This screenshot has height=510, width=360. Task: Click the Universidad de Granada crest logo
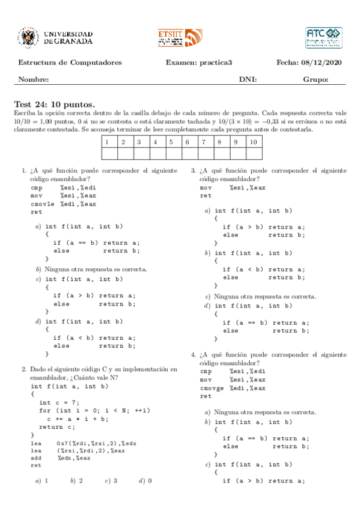[x=29, y=38]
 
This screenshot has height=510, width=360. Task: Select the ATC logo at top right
[x=323, y=37]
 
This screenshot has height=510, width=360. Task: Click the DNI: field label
[x=248, y=80]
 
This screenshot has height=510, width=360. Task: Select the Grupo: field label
[x=316, y=80]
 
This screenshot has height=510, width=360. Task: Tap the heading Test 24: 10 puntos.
[x=54, y=104]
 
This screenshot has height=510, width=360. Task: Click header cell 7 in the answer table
[x=204, y=142]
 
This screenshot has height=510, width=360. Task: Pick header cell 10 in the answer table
[x=253, y=142]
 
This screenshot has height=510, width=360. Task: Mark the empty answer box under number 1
[x=106, y=153]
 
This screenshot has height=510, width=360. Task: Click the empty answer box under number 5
[x=171, y=153]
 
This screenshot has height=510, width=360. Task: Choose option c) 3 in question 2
[x=111, y=481]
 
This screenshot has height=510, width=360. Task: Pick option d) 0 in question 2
[x=145, y=481]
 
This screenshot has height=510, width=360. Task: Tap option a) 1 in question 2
[x=41, y=481]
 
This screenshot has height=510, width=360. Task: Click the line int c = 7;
[x=56, y=402]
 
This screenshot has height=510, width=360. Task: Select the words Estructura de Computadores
[x=70, y=63]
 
